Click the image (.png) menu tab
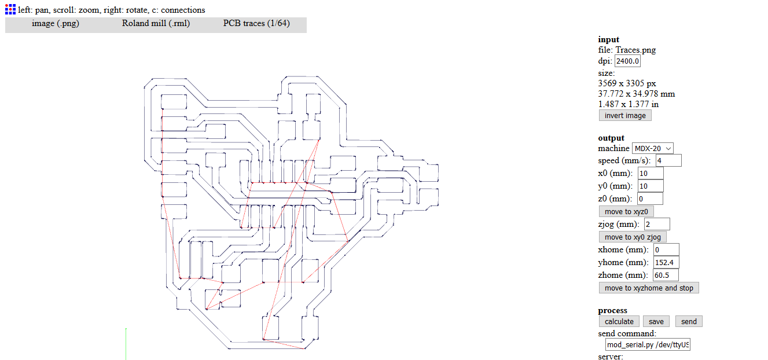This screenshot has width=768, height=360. coord(55,24)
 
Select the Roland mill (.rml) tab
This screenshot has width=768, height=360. coord(156,24)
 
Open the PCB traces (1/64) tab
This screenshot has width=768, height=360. coord(256,24)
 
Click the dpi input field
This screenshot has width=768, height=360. coord(627,61)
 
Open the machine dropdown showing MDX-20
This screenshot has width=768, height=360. coord(653,149)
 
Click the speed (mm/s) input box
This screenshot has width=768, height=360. coord(668,160)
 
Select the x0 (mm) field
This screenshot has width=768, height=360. coord(651,174)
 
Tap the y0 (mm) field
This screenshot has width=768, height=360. coord(651,186)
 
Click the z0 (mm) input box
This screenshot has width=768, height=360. coord(650,199)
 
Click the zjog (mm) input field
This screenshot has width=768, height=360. coord(657,224)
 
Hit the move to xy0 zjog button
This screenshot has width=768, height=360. coord(633,237)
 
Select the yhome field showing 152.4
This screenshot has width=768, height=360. coord(666,263)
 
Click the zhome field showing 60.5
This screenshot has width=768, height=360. coord(666,275)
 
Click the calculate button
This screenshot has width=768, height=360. coord(619,322)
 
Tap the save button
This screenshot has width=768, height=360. coord(656,322)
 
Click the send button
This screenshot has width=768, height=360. coord(689,322)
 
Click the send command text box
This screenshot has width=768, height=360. coord(648,345)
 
